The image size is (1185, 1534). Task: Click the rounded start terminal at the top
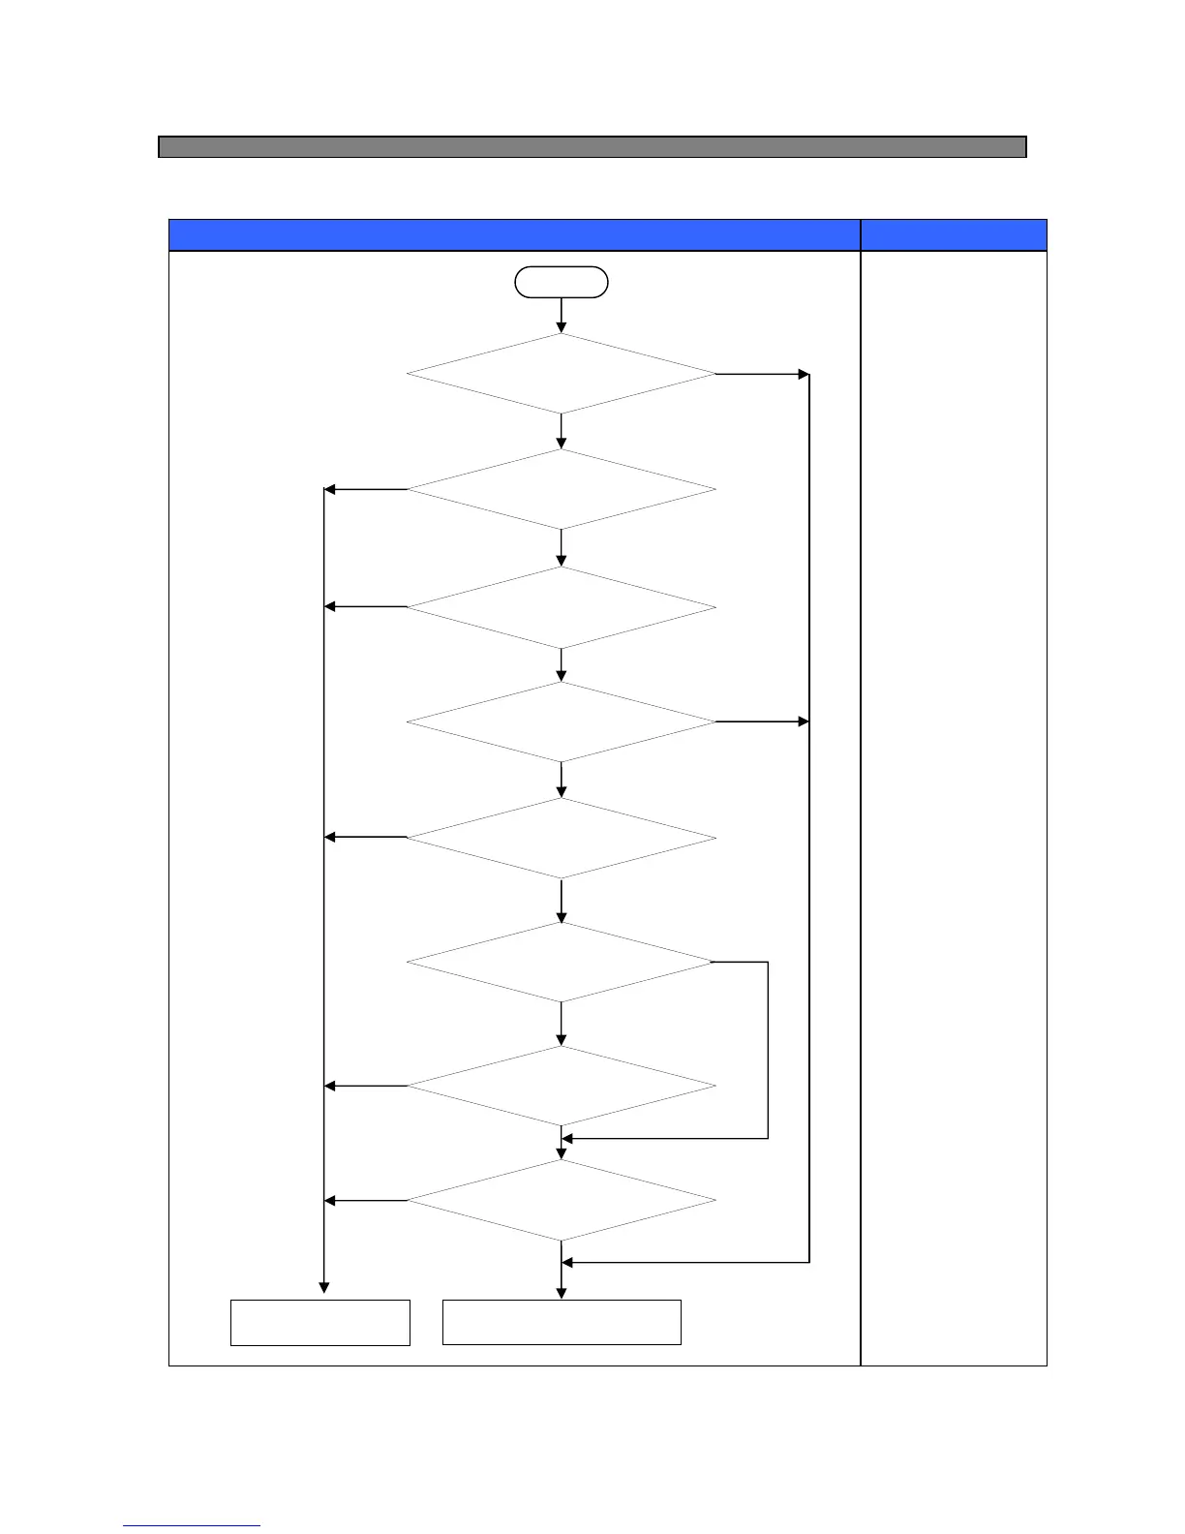click(562, 282)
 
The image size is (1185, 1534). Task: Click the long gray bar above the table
click(592, 147)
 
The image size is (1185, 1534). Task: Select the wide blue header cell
click(514, 235)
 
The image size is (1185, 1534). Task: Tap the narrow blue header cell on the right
click(954, 235)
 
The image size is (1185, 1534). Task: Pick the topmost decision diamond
click(562, 374)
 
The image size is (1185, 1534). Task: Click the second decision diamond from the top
click(562, 489)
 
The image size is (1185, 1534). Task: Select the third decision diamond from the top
click(562, 607)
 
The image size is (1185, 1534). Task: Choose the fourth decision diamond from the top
click(562, 721)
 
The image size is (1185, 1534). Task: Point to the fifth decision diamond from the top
click(562, 838)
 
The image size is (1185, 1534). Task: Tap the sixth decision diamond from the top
click(562, 962)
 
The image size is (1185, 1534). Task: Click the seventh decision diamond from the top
click(562, 1086)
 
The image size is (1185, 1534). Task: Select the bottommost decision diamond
click(562, 1201)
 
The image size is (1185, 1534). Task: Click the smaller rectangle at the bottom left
click(320, 1323)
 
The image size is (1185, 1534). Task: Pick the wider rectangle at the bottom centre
click(562, 1323)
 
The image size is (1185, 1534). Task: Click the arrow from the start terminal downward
click(562, 316)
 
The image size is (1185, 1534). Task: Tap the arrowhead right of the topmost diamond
click(803, 374)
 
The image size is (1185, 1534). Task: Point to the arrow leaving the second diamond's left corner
click(366, 489)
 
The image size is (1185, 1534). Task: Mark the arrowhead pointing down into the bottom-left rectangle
click(324, 1288)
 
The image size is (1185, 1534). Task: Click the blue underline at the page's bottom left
click(192, 1526)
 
